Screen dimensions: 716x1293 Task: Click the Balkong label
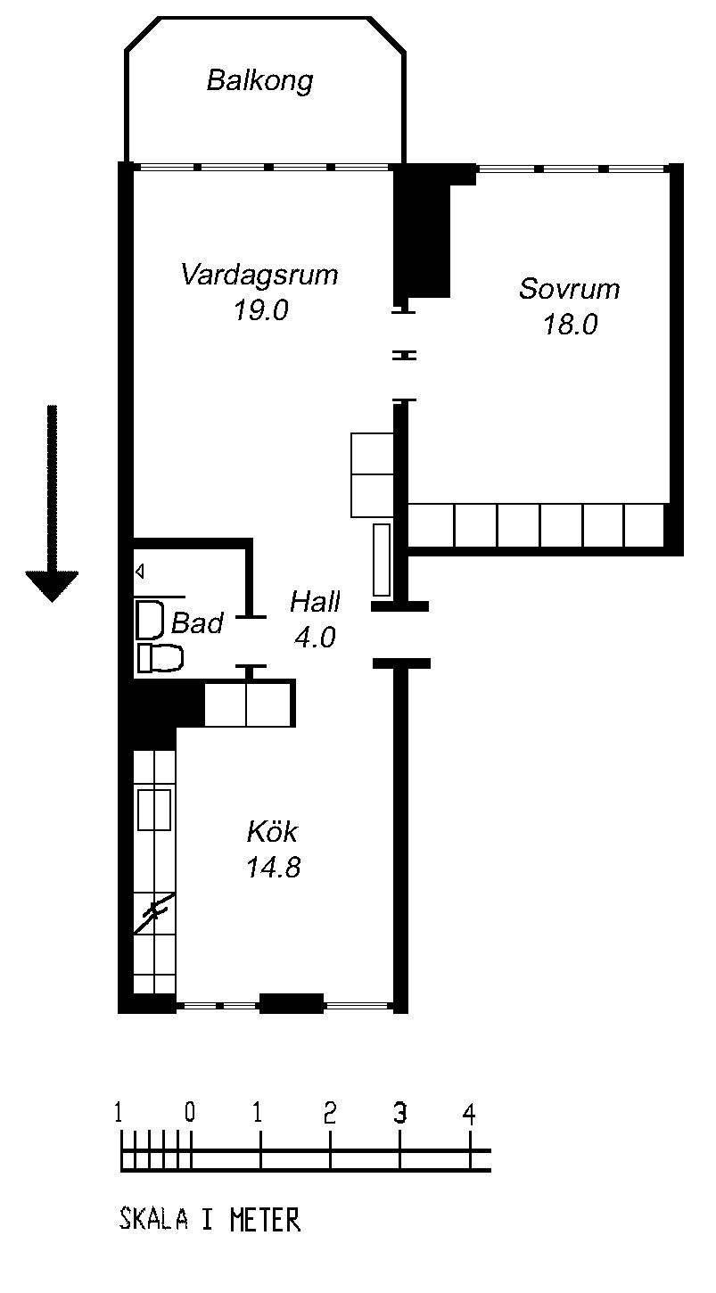click(x=259, y=81)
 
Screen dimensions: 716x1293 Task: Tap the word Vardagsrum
click(x=259, y=275)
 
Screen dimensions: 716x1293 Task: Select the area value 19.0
click(x=261, y=310)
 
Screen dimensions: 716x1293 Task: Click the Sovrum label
click(x=570, y=289)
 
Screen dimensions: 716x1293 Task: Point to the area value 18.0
click(x=570, y=325)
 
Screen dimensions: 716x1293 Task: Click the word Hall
click(x=315, y=602)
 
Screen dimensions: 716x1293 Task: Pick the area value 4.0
click(x=315, y=638)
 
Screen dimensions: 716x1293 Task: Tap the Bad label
click(x=197, y=623)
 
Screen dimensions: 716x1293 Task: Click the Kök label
click(x=272, y=832)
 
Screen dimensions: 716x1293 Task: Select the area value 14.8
click(x=273, y=868)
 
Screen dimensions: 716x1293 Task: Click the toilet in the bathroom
click(x=160, y=659)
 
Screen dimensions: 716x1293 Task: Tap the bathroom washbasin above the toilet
click(x=150, y=620)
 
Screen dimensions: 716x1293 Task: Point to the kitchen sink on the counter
click(x=155, y=810)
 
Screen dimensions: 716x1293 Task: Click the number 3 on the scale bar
click(x=399, y=1113)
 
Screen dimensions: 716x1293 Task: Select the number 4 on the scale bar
click(x=469, y=1114)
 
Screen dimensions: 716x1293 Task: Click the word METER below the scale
click(x=265, y=1220)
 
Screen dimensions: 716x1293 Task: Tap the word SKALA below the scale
click(x=153, y=1220)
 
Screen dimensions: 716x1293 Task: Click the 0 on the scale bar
click(x=189, y=1112)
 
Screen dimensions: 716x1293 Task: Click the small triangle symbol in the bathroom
click(x=139, y=572)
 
